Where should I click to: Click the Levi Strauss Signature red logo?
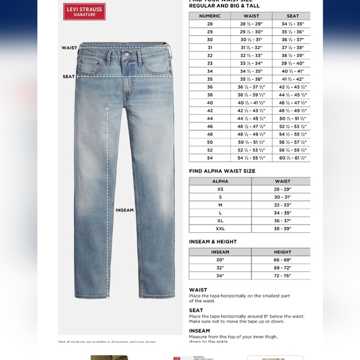[x=84, y=11]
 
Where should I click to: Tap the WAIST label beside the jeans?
[x=70, y=48]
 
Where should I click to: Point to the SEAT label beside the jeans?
[x=69, y=76]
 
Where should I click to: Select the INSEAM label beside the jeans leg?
[x=125, y=210]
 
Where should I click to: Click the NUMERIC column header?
[x=210, y=16]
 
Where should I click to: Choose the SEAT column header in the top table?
[x=292, y=16]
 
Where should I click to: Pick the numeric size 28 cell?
[x=210, y=24]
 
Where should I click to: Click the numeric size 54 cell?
[x=210, y=158]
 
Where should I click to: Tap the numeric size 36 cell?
[x=210, y=87]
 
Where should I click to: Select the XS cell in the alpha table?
[x=220, y=189]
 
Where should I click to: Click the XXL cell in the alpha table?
[x=220, y=228]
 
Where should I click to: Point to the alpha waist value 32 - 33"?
[x=282, y=205]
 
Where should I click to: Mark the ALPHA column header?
[x=220, y=181]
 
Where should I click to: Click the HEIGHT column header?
[x=282, y=252]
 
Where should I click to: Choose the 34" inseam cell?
[x=220, y=275]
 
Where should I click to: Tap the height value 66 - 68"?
[x=282, y=259]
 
